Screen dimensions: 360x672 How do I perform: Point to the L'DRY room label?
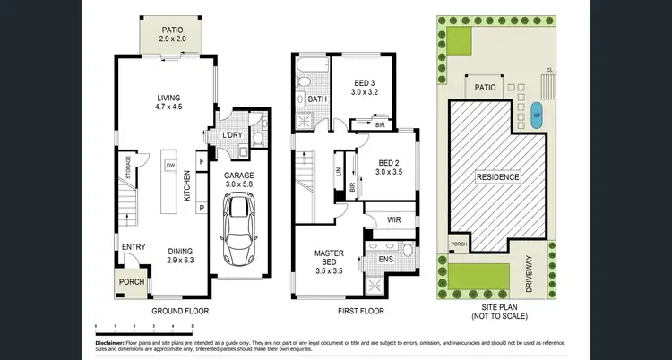click(x=232, y=134)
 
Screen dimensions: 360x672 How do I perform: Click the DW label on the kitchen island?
click(x=169, y=166)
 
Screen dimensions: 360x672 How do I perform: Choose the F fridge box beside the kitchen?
click(x=202, y=162)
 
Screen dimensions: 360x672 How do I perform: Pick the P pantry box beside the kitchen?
click(x=202, y=208)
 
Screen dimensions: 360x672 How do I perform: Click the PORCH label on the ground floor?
click(x=132, y=282)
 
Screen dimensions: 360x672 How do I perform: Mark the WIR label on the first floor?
click(x=392, y=219)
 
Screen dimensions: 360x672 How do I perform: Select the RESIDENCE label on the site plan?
click(x=497, y=176)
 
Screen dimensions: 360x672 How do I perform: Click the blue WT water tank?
click(x=537, y=116)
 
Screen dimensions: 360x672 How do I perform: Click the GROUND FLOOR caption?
click(x=181, y=311)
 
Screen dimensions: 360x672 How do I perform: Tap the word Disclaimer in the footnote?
click(x=114, y=341)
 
